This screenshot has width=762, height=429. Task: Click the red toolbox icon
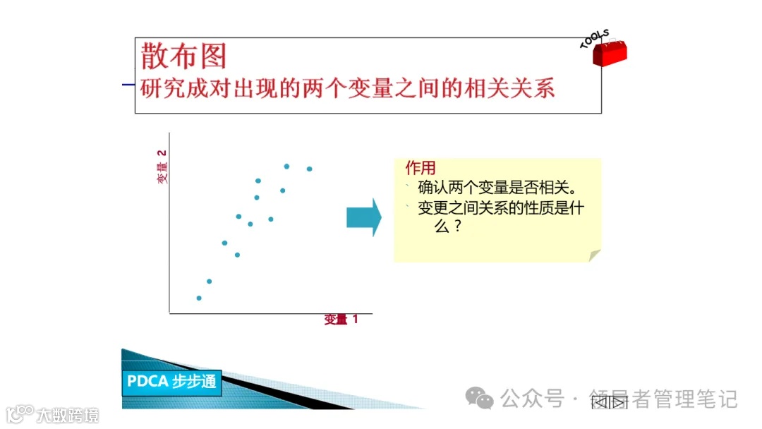(608, 54)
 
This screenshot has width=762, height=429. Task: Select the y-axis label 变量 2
(162, 167)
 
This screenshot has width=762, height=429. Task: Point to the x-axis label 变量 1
(341, 320)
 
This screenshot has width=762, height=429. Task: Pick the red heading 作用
(421, 168)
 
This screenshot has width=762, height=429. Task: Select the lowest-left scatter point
(199, 298)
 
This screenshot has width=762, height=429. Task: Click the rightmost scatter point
(309, 169)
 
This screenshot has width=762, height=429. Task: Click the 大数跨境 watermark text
(68, 416)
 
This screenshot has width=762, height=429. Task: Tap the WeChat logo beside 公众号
(483, 400)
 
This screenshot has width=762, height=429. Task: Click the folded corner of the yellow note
(594, 255)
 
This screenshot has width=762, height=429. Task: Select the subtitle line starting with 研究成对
(347, 88)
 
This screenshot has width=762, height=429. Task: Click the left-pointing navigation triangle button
(600, 402)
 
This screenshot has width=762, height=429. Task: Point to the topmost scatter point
(286, 167)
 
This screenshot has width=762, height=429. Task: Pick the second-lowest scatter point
(209, 282)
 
